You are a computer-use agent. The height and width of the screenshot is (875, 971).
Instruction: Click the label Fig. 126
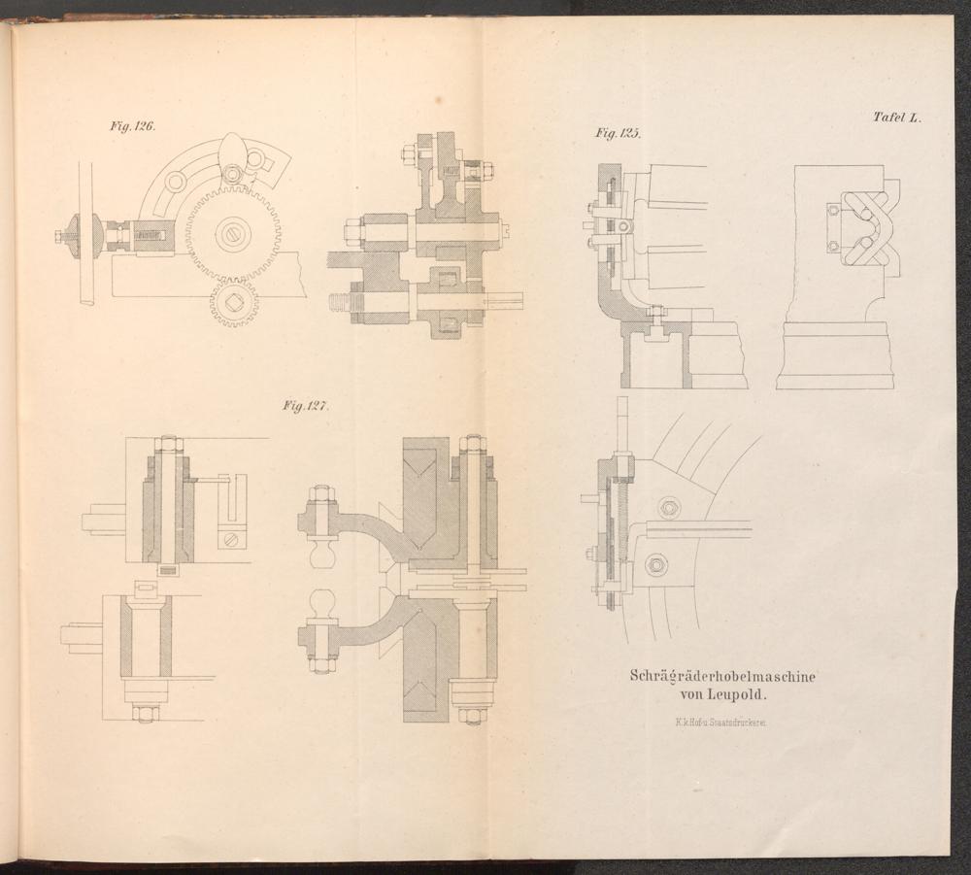(x=132, y=126)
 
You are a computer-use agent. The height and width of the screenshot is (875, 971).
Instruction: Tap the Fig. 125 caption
(x=618, y=133)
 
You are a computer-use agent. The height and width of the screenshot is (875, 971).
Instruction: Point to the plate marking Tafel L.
(x=896, y=118)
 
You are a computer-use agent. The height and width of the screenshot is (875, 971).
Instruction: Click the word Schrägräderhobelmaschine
(x=722, y=676)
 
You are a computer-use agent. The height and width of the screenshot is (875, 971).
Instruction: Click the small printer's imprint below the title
(x=722, y=722)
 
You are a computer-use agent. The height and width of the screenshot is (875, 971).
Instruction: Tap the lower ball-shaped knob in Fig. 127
(x=321, y=604)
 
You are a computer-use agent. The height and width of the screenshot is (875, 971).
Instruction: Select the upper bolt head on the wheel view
(x=667, y=508)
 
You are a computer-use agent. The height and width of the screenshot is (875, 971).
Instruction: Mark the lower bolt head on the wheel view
(x=656, y=564)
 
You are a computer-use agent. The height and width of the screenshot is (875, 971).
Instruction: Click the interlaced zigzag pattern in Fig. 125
(x=864, y=228)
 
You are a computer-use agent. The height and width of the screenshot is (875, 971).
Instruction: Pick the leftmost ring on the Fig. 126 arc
(x=175, y=182)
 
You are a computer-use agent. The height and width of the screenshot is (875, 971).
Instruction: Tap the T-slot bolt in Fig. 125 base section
(x=656, y=317)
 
